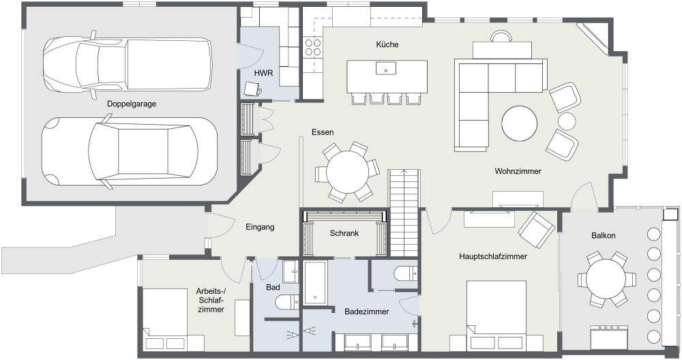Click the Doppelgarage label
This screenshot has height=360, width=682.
point(132,104)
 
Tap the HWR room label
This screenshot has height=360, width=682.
point(264,72)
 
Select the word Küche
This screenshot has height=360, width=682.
point(387,45)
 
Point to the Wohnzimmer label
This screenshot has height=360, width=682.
point(518,172)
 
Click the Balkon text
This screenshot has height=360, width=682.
point(604,236)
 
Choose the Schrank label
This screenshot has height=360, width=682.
point(344,232)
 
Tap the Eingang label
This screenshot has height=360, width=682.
point(260,227)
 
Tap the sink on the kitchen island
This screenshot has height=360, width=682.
point(387,69)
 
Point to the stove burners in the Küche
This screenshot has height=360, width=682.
point(313,48)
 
